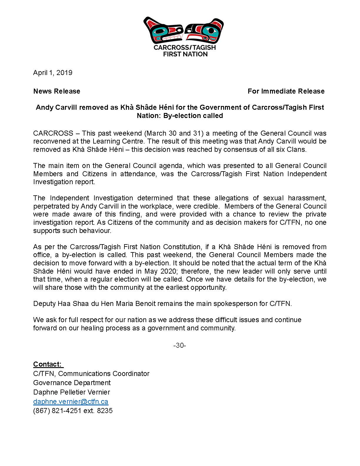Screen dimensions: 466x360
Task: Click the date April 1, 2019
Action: click(53, 73)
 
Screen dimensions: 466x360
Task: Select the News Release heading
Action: click(57, 91)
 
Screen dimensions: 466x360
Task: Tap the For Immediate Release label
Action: click(286, 91)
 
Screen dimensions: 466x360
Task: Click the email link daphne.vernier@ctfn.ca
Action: click(71, 402)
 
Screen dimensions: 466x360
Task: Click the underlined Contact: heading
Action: click(48, 364)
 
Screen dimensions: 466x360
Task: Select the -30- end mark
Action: click(180, 345)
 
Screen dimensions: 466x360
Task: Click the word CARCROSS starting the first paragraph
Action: click(53, 133)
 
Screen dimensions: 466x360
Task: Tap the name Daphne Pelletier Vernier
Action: click(71, 392)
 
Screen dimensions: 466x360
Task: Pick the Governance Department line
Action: click(72, 383)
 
